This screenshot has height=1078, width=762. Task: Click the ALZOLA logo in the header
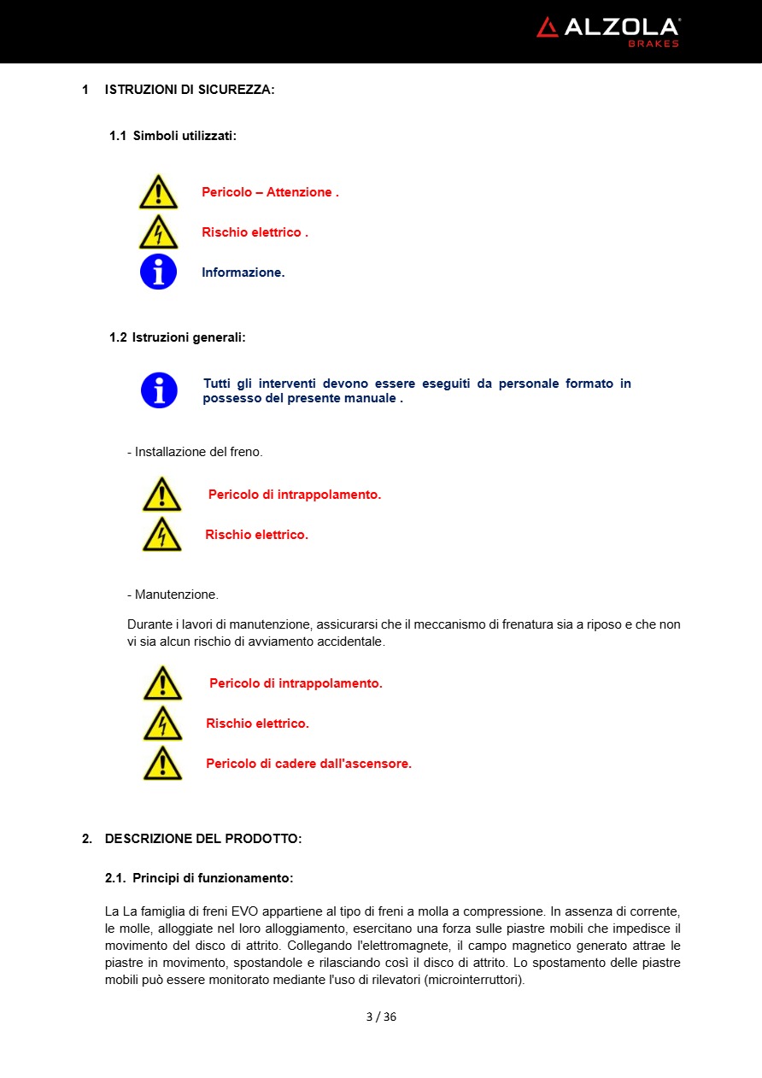(607, 28)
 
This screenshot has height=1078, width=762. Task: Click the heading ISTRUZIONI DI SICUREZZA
(190, 90)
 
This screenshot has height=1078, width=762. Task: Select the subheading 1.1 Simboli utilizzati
(173, 136)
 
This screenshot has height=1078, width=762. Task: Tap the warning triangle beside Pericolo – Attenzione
(158, 192)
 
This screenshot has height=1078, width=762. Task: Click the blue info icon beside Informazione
(158, 272)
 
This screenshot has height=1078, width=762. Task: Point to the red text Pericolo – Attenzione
(270, 192)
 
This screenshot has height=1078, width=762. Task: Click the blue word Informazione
(243, 272)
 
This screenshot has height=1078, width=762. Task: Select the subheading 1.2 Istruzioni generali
(177, 337)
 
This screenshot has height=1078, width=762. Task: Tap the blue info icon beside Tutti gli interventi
(159, 390)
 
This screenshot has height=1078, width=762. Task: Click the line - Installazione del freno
(195, 452)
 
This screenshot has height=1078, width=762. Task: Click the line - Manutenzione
(173, 595)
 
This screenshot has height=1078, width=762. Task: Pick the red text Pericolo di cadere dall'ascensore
(308, 764)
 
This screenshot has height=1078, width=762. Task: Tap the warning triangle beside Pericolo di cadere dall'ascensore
(162, 763)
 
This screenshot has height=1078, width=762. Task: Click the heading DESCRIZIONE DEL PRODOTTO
(203, 839)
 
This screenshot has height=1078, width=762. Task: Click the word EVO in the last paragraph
(244, 911)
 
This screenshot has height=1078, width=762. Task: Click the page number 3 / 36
(381, 1016)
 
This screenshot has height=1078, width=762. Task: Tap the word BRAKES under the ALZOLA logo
(654, 44)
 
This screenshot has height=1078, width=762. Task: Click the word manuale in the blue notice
(370, 398)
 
